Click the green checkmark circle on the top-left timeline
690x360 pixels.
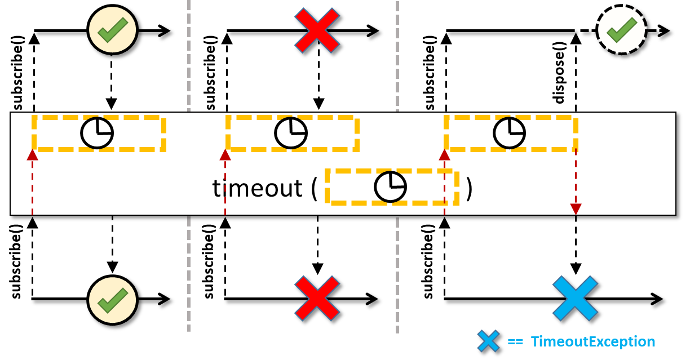[x=112, y=30]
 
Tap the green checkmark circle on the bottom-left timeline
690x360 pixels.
[x=112, y=300]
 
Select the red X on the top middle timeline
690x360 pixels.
[x=317, y=30]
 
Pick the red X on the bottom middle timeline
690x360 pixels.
[x=317, y=299]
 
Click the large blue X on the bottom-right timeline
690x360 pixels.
[x=575, y=298]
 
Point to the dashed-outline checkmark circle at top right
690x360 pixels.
[x=621, y=30]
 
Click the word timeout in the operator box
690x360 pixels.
[x=257, y=188]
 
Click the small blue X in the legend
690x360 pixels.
[x=488, y=341]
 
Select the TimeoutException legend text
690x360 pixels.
[x=592, y=341]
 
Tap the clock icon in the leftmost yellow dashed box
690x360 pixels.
[x=97, y=134]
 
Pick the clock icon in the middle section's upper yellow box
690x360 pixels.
[x=290, y=134]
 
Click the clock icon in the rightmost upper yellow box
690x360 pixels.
[x=509, y=134]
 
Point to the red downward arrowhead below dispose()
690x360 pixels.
[x=576, y=209]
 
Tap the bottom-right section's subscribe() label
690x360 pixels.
[x=428, y=261]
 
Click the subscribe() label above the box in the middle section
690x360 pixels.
[x=211, y=73]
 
